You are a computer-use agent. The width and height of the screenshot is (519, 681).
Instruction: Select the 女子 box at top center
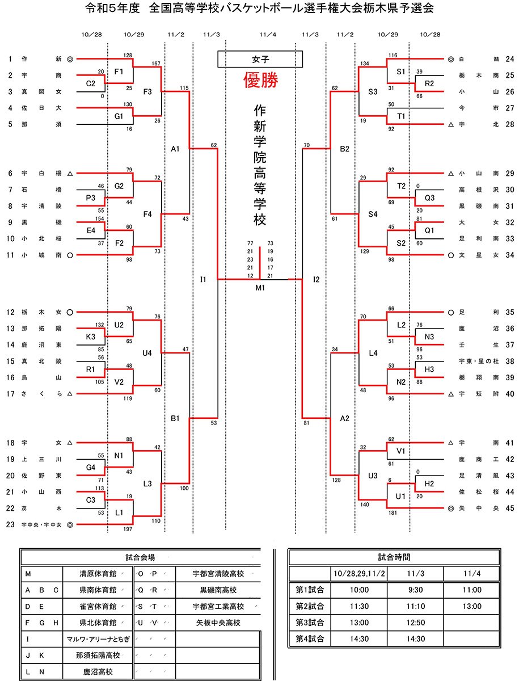(260, 59)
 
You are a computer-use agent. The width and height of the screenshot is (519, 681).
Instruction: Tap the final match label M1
(260, 287)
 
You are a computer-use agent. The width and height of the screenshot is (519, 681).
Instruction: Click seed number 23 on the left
(10, 524)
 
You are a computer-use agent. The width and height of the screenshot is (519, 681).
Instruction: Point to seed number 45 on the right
(509, 508)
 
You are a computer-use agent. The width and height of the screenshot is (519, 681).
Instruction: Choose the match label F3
(147, 91)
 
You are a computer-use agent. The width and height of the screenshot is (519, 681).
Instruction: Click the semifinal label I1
(204, 279)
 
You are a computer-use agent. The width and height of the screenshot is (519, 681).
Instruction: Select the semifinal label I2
(317, 279)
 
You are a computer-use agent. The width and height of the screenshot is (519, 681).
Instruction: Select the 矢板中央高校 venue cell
(217, 623)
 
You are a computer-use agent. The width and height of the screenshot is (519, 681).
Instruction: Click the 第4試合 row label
(310, 638)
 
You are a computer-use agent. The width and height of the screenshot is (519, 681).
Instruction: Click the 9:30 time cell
(416, 590)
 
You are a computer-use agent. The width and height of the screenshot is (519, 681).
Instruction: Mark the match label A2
(344, 418)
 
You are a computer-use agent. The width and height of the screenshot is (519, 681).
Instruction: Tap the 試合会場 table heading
(140, 557)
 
